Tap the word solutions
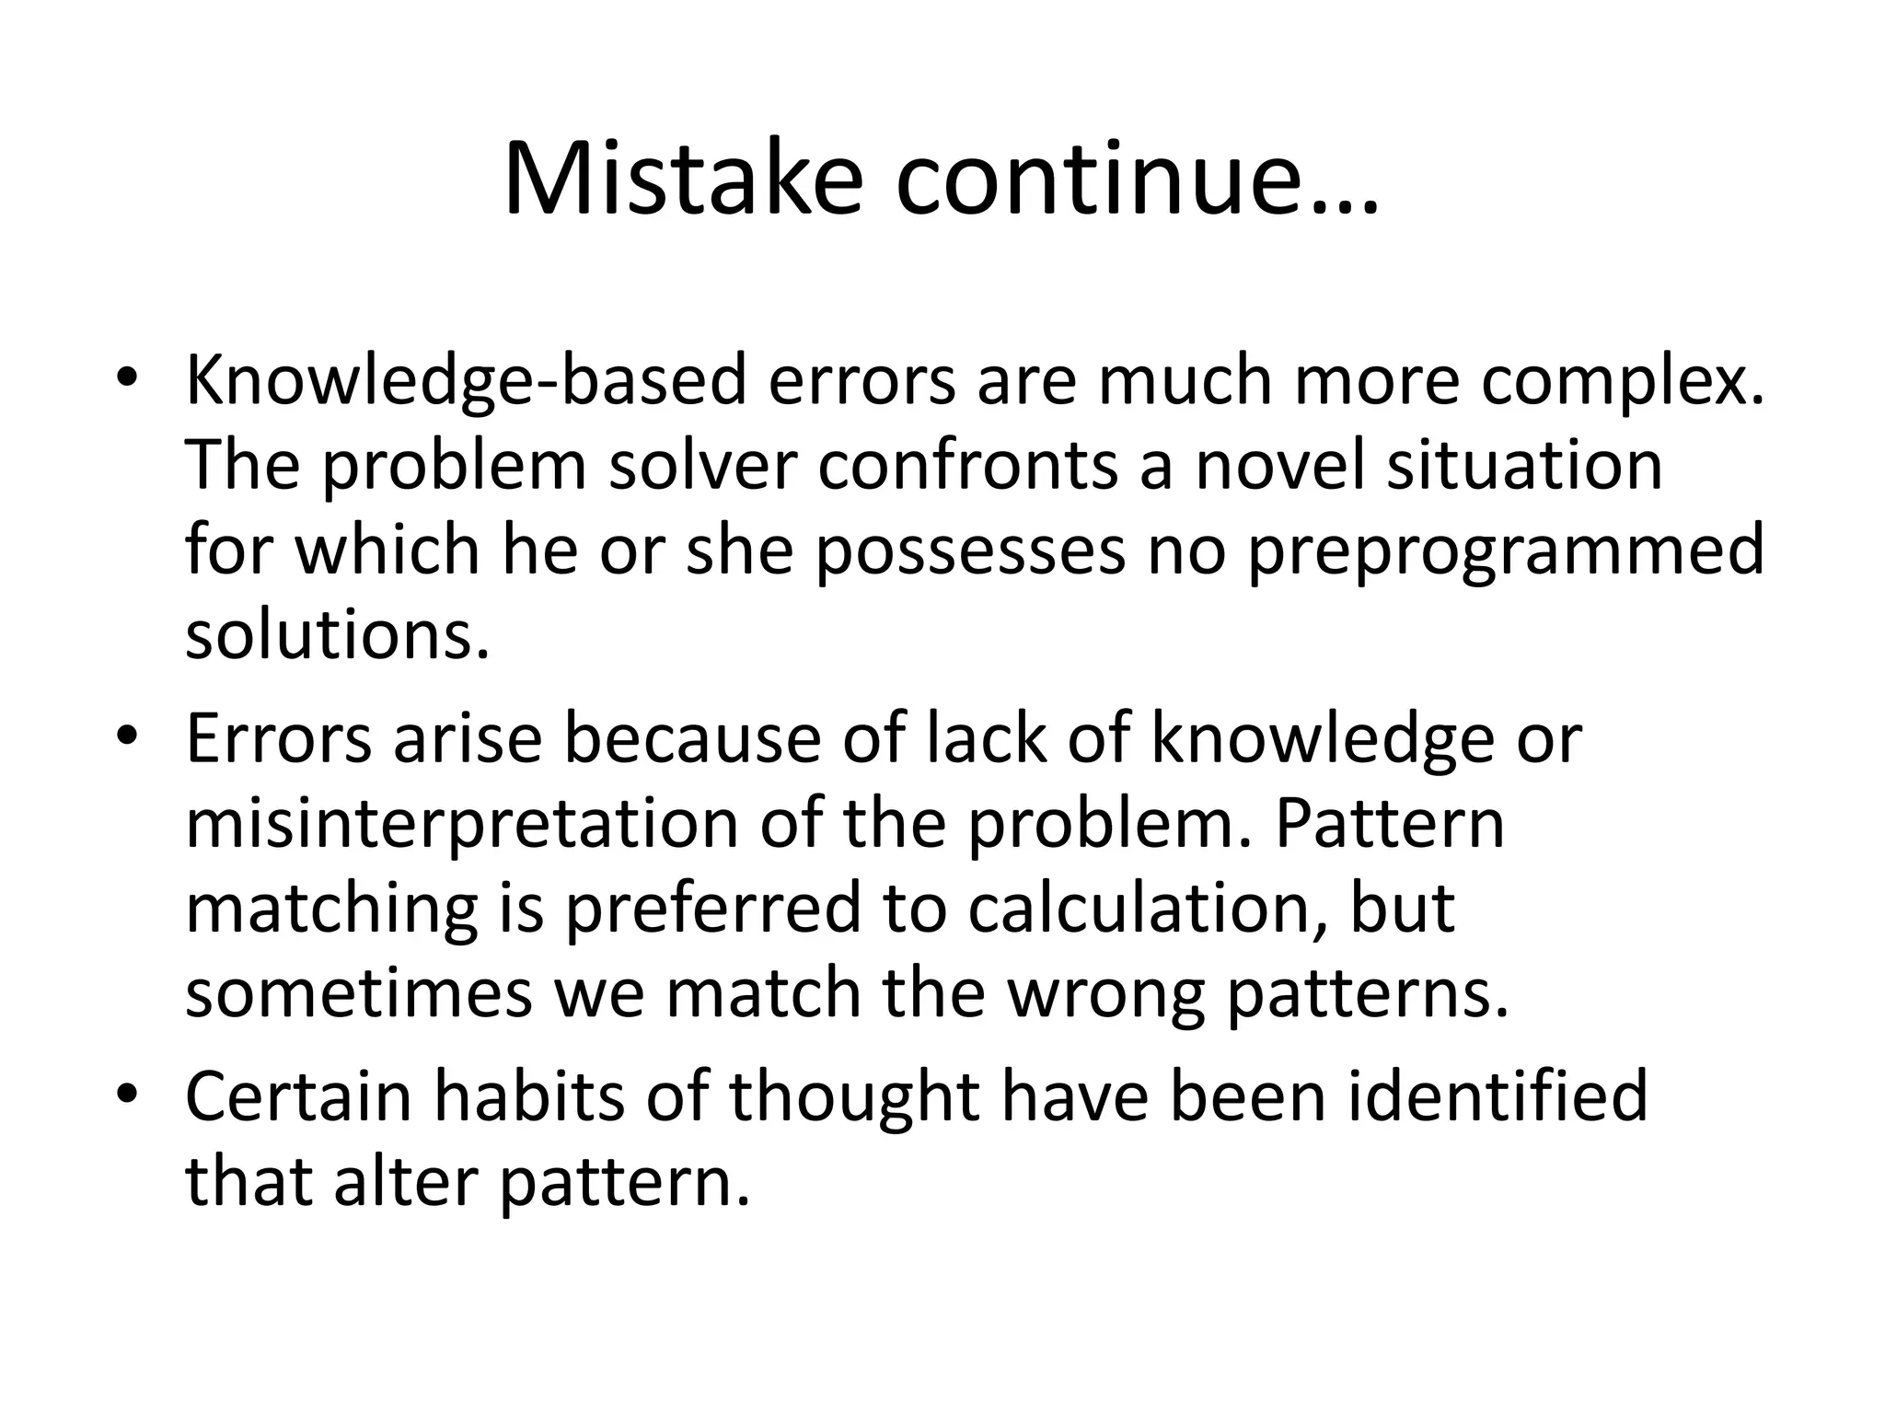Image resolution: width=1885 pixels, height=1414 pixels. [x=336, y=635]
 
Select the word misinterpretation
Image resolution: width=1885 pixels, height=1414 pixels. [x=461, y=824]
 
